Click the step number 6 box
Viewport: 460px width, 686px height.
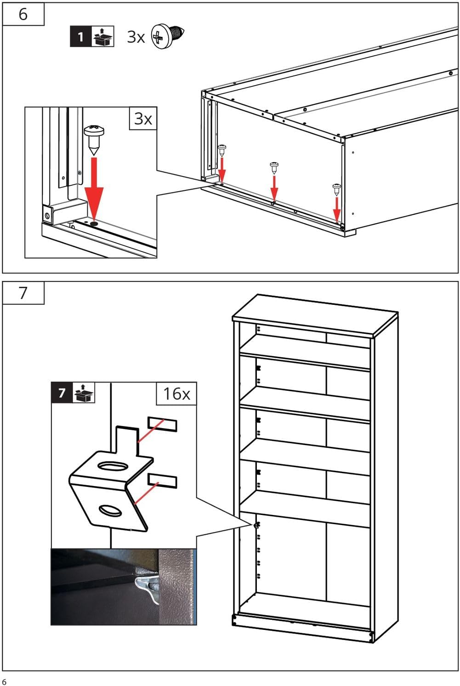click(x=23, y=14)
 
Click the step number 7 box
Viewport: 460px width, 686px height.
click(x=23, y=293)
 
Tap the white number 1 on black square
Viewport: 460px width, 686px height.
click(x=80, y=36)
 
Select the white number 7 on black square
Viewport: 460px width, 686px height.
click(x=62, y=393)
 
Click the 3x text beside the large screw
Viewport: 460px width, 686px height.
click(x=136, y=37)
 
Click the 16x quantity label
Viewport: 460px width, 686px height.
click(x=176, y=394)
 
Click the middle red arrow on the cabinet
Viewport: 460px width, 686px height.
click(x=274, y=189)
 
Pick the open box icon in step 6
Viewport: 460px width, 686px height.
click(x=102, y=36)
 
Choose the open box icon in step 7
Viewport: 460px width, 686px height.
click(x=84, y=393)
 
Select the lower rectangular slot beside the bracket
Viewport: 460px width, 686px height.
click(x=162, y=480)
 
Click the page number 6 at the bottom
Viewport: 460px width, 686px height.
click(x=4, y=681)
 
